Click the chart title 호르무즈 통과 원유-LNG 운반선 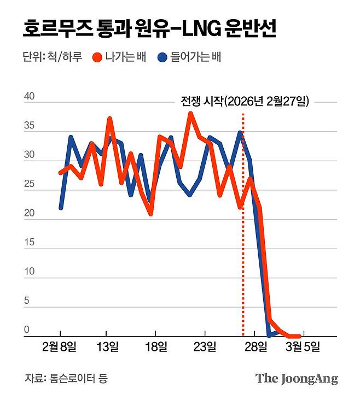[x=149, y=27]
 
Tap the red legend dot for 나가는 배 [x=98, y=57]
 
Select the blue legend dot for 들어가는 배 [x=162, y=57]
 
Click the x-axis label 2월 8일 [x=60, y=346]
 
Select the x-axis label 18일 [x=156, y=346]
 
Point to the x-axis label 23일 [x=205, y=346]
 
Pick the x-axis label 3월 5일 [x=302, y=346]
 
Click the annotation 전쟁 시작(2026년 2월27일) [x=245, y=101]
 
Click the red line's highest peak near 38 [x=190, y=114]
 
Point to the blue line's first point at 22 [x=61, y=207]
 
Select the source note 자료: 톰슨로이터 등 [x=66, y=378]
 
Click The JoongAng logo [x=297, y=378]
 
